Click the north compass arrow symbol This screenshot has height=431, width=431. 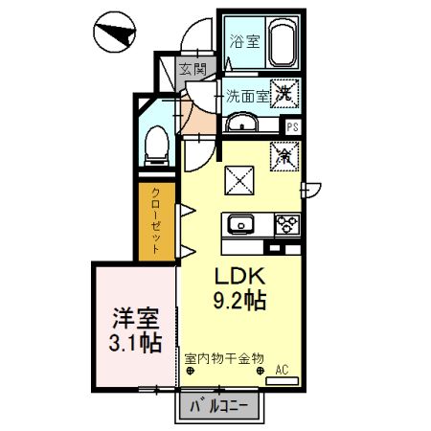tap(114, 34)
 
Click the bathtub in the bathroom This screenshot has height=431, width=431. tap(284, 43)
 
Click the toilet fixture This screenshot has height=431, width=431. tap(155, 145)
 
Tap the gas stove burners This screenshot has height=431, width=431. tap(285, 225)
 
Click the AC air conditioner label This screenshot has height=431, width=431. tap(283, 368)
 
